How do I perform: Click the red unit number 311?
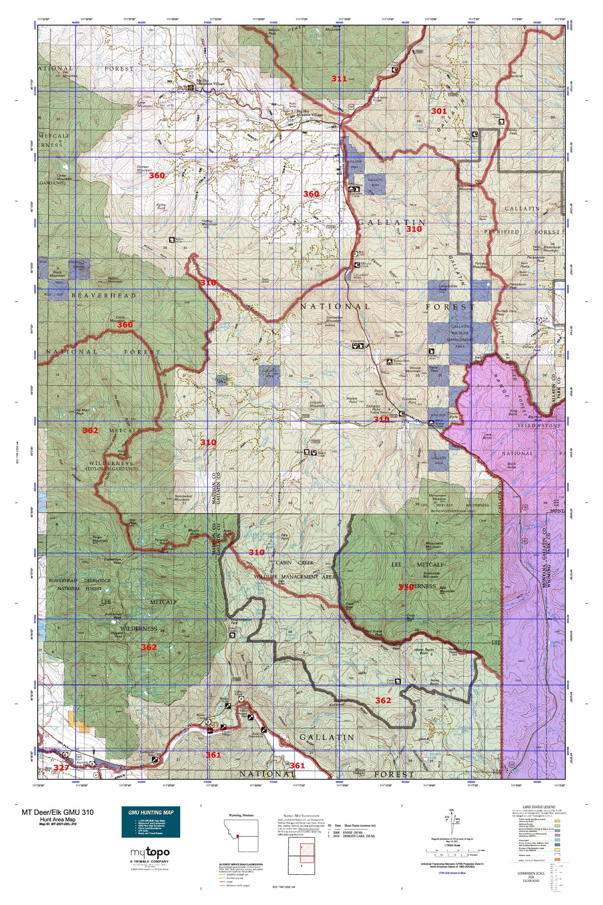(x=339, y=79)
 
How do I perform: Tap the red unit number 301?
(x=439, y=111)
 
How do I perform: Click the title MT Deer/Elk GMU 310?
(x=57, y=812)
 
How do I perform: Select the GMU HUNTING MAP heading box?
(x=151, y=812)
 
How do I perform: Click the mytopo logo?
(x=150, y=852)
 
